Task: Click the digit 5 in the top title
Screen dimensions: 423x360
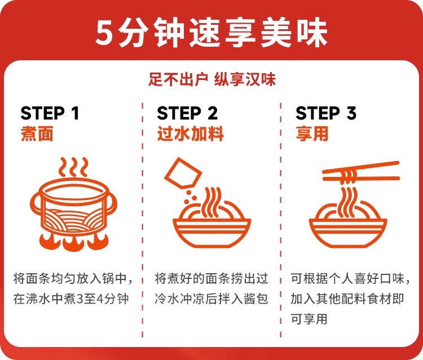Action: tap(104, 33)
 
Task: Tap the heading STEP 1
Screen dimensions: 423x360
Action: tap(50, 113)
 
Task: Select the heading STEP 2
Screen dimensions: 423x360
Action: tap(187, 113)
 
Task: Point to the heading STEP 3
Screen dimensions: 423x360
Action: tap(326, 113)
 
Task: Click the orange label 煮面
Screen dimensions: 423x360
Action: tap(37, 134)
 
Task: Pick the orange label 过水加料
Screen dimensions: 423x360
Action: tap(191, 134)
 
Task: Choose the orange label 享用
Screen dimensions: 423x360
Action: tap(312, 134)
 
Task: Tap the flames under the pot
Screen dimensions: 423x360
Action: tap(74, 241)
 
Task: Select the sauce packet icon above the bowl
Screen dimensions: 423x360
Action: tap(183, 174)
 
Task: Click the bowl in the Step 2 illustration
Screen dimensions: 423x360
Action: tap(211, 232)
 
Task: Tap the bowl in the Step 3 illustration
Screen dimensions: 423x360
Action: tap(348, 232)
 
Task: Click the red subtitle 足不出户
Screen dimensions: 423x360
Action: tap(178, 79)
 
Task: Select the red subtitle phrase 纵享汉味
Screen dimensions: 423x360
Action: tap(245, 79)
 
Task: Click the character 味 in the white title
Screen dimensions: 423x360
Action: tap(312, 33)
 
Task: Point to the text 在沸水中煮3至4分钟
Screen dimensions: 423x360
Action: tap(71, 299)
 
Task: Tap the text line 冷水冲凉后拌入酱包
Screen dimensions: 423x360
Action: tap(211, 299)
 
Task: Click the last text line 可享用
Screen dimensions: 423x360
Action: tap(309, 319)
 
